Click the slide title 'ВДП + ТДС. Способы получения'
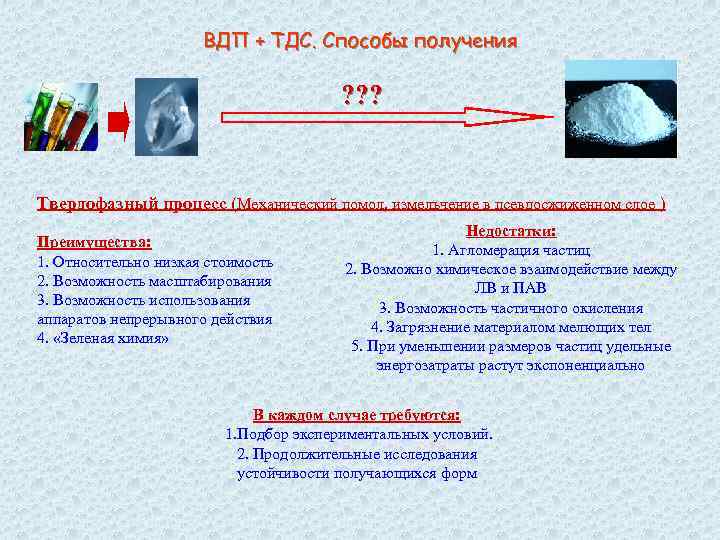(360, 41)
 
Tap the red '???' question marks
(361, 95)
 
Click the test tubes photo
(61, 116)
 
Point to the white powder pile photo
(621, 109)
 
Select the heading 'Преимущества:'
(94, 242)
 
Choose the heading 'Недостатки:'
(511, 231)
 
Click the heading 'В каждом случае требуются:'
(357, 415)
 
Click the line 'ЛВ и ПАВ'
(510, 289)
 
